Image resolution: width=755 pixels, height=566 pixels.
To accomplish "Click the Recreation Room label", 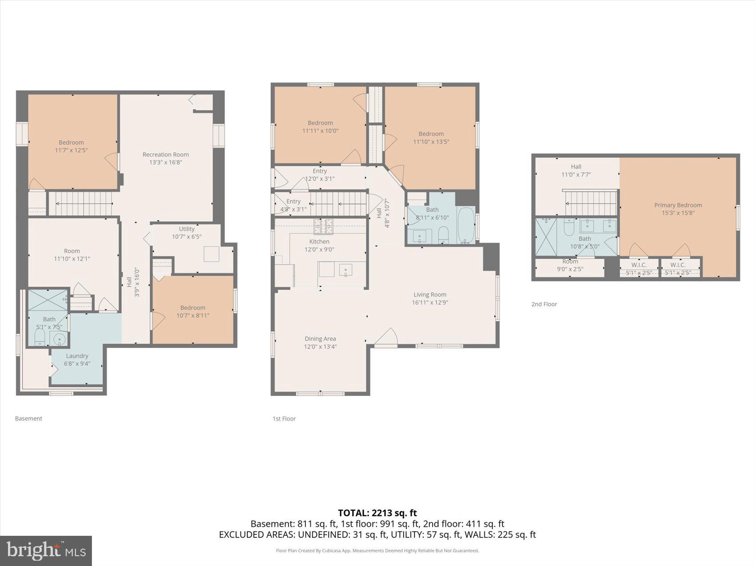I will click(x=166, y=154).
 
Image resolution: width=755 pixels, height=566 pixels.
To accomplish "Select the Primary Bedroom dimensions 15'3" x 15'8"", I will click(x=678, y=213).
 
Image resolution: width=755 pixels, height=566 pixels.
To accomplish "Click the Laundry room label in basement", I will click(x=77, y=356).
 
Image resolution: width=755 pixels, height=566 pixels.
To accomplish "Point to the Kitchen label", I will click(x=319, y=241).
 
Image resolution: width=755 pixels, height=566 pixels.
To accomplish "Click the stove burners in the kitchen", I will click(x=323, y=226).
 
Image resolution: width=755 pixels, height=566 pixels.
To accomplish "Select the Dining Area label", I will click(x=320, y=339).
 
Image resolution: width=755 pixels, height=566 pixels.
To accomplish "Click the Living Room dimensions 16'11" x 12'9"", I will click(x=429, y=302).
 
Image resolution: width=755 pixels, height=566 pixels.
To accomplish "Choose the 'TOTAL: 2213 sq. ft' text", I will click(x=377, y=513).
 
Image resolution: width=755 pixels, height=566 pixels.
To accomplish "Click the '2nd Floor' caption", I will click(x=544, y=304).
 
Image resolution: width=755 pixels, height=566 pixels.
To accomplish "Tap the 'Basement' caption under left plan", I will click(x=28, y=419).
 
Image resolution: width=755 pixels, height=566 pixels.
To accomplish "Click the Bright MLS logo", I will click(x=46, y=551).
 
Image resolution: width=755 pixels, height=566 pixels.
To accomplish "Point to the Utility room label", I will click(x=187, y=229).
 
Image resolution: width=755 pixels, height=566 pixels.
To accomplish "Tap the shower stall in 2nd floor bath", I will click(x=546, y=237).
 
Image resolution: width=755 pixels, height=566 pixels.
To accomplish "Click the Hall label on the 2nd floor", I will click(x=576, y=166).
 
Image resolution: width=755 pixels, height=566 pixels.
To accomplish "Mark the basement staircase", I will click(x=80, y=203).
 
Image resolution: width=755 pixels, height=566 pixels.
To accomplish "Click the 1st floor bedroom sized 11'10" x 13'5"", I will click(x=431, y=138).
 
